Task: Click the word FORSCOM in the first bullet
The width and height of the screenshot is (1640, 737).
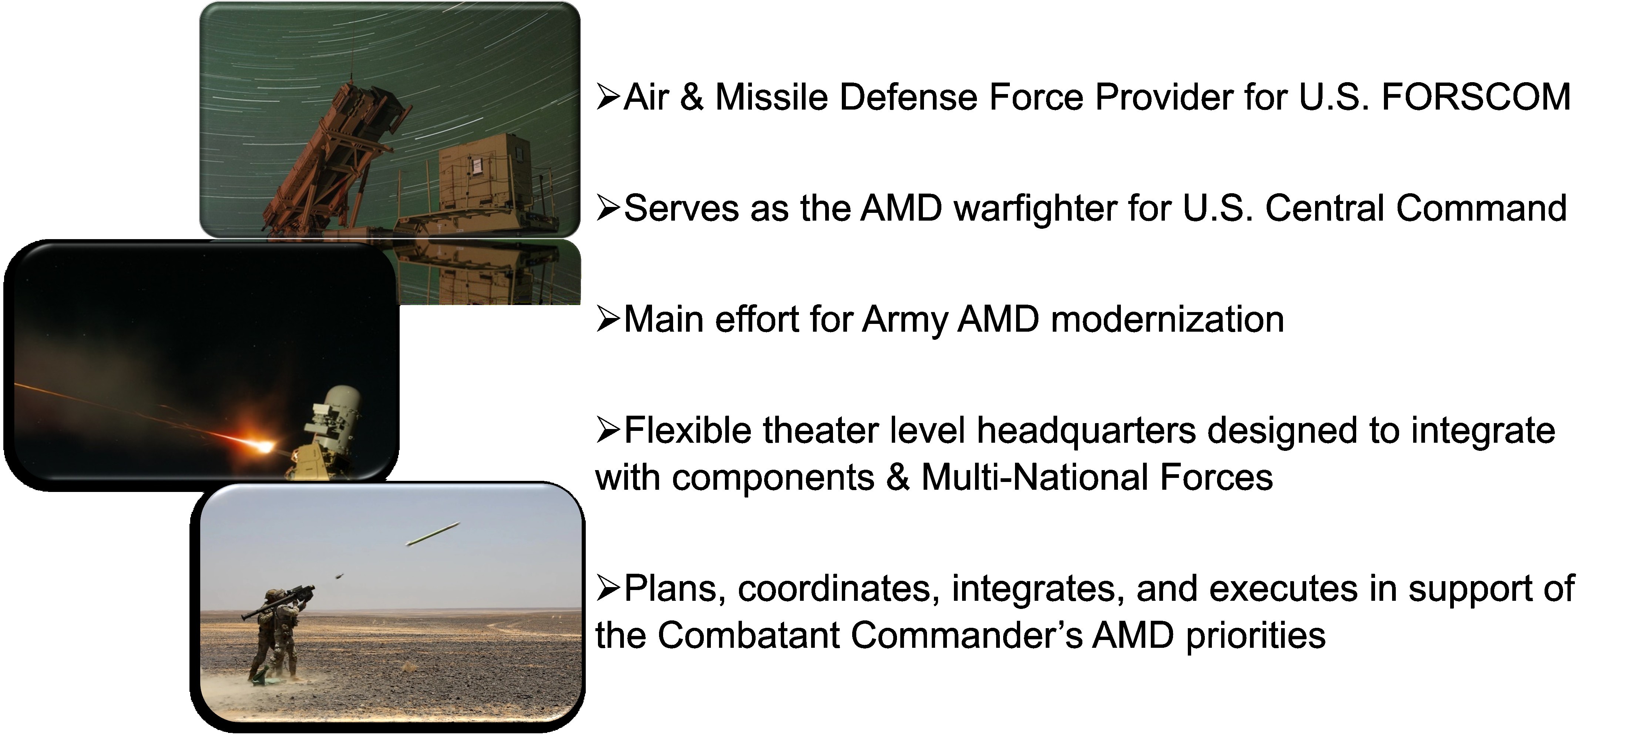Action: (x=1476, y=97)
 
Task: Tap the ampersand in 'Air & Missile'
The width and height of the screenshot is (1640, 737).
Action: (x=692, y=97)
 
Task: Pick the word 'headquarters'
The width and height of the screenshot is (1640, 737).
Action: (x=1086, y=431)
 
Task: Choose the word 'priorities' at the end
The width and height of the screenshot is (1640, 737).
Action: (x=1256, y=636)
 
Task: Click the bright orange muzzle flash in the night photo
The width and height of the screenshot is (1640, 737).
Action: (x=261, y=444)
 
